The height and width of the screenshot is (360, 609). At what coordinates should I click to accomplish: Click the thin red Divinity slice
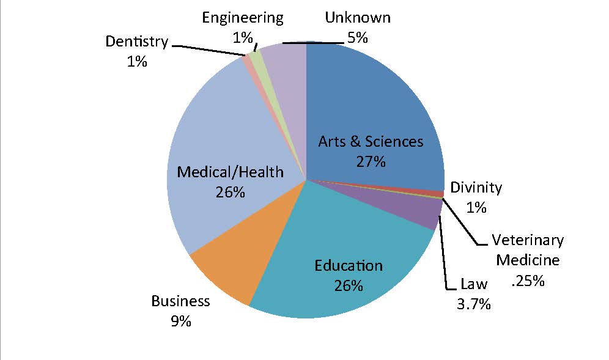[437, 194]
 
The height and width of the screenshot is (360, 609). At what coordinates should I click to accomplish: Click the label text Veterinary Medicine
[528, 250]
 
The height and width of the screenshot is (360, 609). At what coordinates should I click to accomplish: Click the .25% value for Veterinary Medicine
[528, 281]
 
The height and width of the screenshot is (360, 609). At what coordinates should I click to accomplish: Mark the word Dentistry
[136, 42]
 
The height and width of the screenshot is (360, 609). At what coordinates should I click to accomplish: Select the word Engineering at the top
[243, 17]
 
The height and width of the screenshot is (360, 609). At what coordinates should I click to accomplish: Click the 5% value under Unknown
[357, 37]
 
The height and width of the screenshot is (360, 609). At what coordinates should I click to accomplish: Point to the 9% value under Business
[180, 320]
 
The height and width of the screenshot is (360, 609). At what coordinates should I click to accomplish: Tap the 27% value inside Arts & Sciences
[371, 162]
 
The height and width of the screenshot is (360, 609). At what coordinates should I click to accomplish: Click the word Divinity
[476, 188]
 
